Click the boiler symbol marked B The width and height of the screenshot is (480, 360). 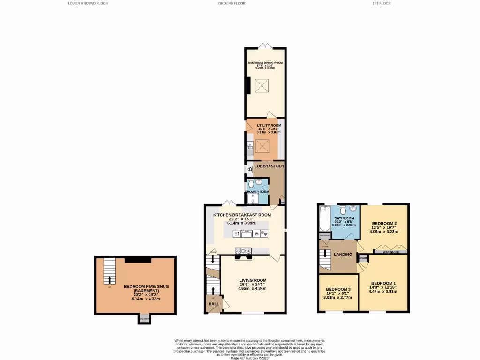tap(249, 169)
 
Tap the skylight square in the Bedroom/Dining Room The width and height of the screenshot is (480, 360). tap(262, 85)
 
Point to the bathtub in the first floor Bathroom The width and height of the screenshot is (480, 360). tap(324, 218)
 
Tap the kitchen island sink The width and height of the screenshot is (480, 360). tap(244, 233)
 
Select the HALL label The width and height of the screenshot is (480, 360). tap(214, 304)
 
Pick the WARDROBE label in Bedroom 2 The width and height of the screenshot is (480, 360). tap(390, 252)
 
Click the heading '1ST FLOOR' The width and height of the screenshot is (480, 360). tap(381, 3)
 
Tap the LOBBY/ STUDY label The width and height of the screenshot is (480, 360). tap(269, 166)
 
